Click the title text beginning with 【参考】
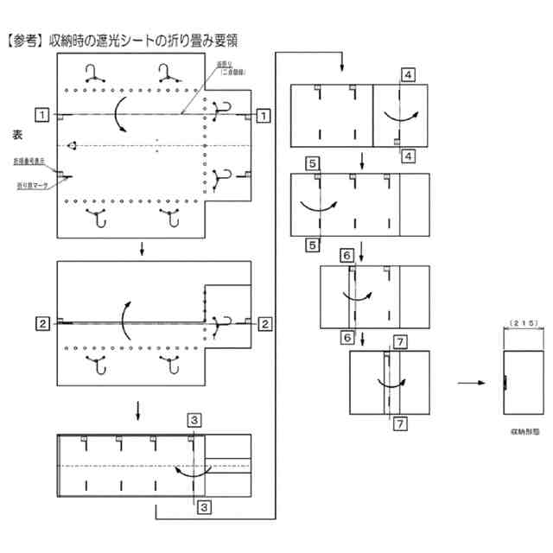121,39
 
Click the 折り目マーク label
31,185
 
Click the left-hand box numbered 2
41,324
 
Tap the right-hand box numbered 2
264,324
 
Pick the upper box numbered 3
196,420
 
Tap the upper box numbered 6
346,255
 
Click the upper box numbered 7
399,341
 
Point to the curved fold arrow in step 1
120,114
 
